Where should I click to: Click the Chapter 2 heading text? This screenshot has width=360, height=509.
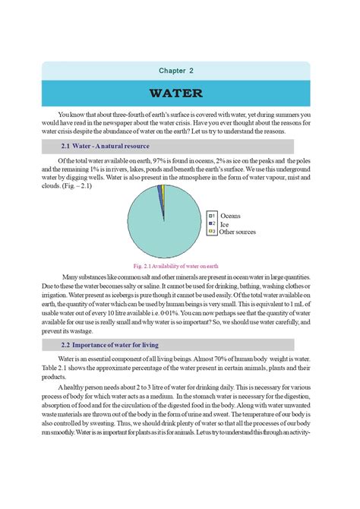(176, 71)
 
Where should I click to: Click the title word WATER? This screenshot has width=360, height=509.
(176, 94)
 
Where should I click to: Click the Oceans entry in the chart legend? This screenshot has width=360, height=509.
(229, 217)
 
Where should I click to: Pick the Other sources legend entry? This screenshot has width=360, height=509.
(237, 232)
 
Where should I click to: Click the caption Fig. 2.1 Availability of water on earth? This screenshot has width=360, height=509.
(175, 267)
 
